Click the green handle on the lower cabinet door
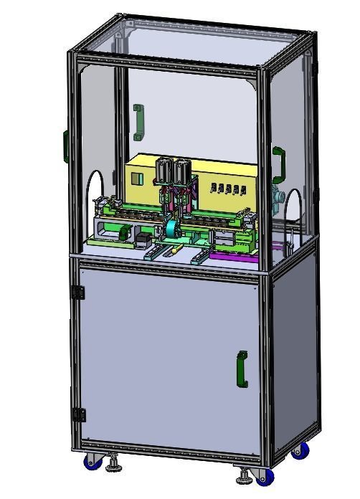[242, 370]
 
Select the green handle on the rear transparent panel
[138, 122]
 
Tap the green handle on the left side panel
[66, 146]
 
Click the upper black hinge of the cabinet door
[78, 293]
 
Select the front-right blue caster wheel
[265, 475]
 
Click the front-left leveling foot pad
[113, 469]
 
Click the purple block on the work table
[232, 255]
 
